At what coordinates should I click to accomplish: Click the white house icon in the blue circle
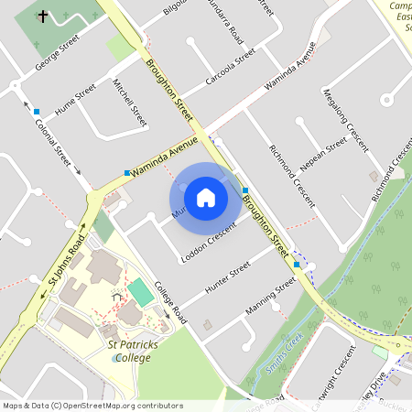[x=206, y=197]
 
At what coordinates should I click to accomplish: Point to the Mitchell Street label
[x=129, y=102]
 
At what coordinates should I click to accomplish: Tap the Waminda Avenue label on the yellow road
[x=165, y=157]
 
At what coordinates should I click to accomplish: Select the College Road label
[x=171, y=303]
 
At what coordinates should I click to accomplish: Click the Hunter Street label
[x=228, y=277]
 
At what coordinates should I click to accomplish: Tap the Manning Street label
[x=271, y=297]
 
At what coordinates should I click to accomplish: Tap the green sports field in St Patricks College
[x=140, y=293]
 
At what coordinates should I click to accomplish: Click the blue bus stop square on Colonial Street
[x=37, y=112]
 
